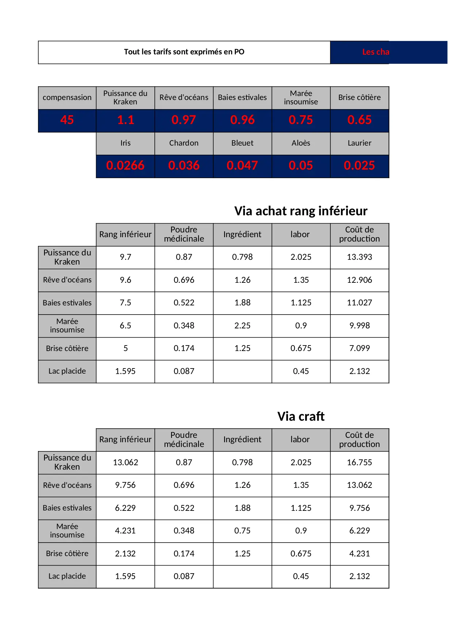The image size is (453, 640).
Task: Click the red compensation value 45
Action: pyautogui.click(x=67, y=120)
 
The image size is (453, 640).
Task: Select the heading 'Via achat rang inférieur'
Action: pyautogui.click(x=300, y=211)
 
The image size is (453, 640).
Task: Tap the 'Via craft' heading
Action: pyautogui.click(x=300, y=416)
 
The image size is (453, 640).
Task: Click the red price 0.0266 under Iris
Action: pyautogui.click(x=125, y=166)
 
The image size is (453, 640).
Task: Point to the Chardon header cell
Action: pyautogui.click(x=184, y=143)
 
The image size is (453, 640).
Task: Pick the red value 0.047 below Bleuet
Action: pyautogui.click(x=242, y=166)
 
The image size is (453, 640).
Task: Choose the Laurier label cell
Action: pyautogui.click(x=359, y=143)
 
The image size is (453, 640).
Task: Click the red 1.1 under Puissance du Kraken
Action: pyautogui.click(x=125, y=120)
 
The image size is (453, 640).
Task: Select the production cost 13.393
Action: pyautogui.click(x=359, y=257)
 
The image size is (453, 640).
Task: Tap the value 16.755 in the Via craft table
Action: pyautogui.click(x=359, y=462)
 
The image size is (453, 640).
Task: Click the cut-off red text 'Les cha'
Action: pyautogui.click(x=376, y=52)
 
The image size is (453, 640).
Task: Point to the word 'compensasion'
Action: pyautogui.click(x=67, y=97)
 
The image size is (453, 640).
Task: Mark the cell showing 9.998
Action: pyautogui.click(x=359, y=325)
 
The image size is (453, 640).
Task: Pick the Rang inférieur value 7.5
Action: pyautogui.click(x=125, y=302)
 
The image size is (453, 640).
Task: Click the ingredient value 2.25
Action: pyautogui.click(x=242, y=325)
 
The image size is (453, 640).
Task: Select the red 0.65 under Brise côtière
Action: pyautogui.click(x=359, y=120)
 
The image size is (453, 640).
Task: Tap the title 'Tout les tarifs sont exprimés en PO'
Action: pyautogui.click(x=184, y=52)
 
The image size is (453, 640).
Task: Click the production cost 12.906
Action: pyautogui.click(x=359, y=280)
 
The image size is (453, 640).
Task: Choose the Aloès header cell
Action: pyautogui.click(x=301, y=143)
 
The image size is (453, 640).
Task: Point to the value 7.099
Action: pyautogui.click(x=359, y=348)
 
